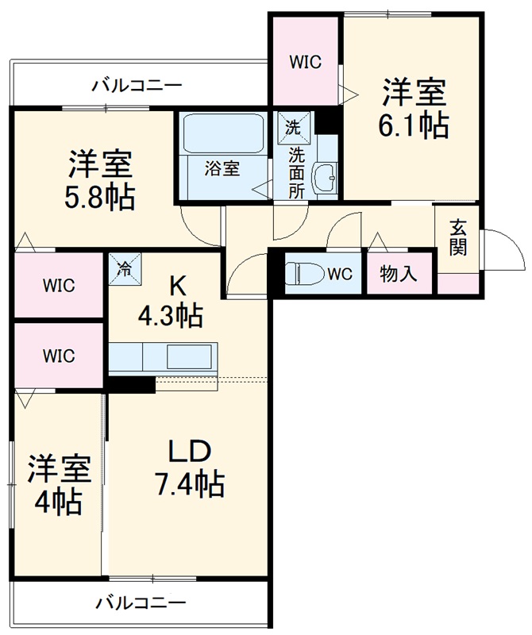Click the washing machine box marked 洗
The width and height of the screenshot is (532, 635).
tap(293, 128)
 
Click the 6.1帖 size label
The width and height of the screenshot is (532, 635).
tap(414, 126)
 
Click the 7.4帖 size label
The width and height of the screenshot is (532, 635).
tap(189, 482)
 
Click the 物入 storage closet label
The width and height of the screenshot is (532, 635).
tap(398, 275)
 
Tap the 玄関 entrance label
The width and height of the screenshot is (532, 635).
tap(458, 237)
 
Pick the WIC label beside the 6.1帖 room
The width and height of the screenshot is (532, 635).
tap(305, 62)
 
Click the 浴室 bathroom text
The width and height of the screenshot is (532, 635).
tap(222, 169)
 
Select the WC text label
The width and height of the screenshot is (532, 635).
tap(340, 275)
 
